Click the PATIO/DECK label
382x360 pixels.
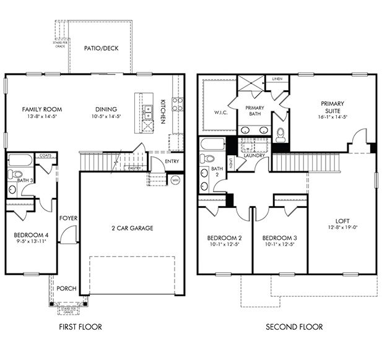point(102,48)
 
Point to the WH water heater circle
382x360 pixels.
point(175,181)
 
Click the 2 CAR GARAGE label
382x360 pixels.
point(132,228)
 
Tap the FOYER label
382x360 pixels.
point(67,218)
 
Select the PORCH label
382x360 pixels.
point(66,288)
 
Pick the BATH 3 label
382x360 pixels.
point(25,180)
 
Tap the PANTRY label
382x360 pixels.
point(133,168)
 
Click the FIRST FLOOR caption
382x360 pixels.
point(80,327)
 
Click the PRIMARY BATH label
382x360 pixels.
point(255,111)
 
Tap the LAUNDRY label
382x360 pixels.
point(254,156)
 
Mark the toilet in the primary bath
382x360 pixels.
point(280,132)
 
